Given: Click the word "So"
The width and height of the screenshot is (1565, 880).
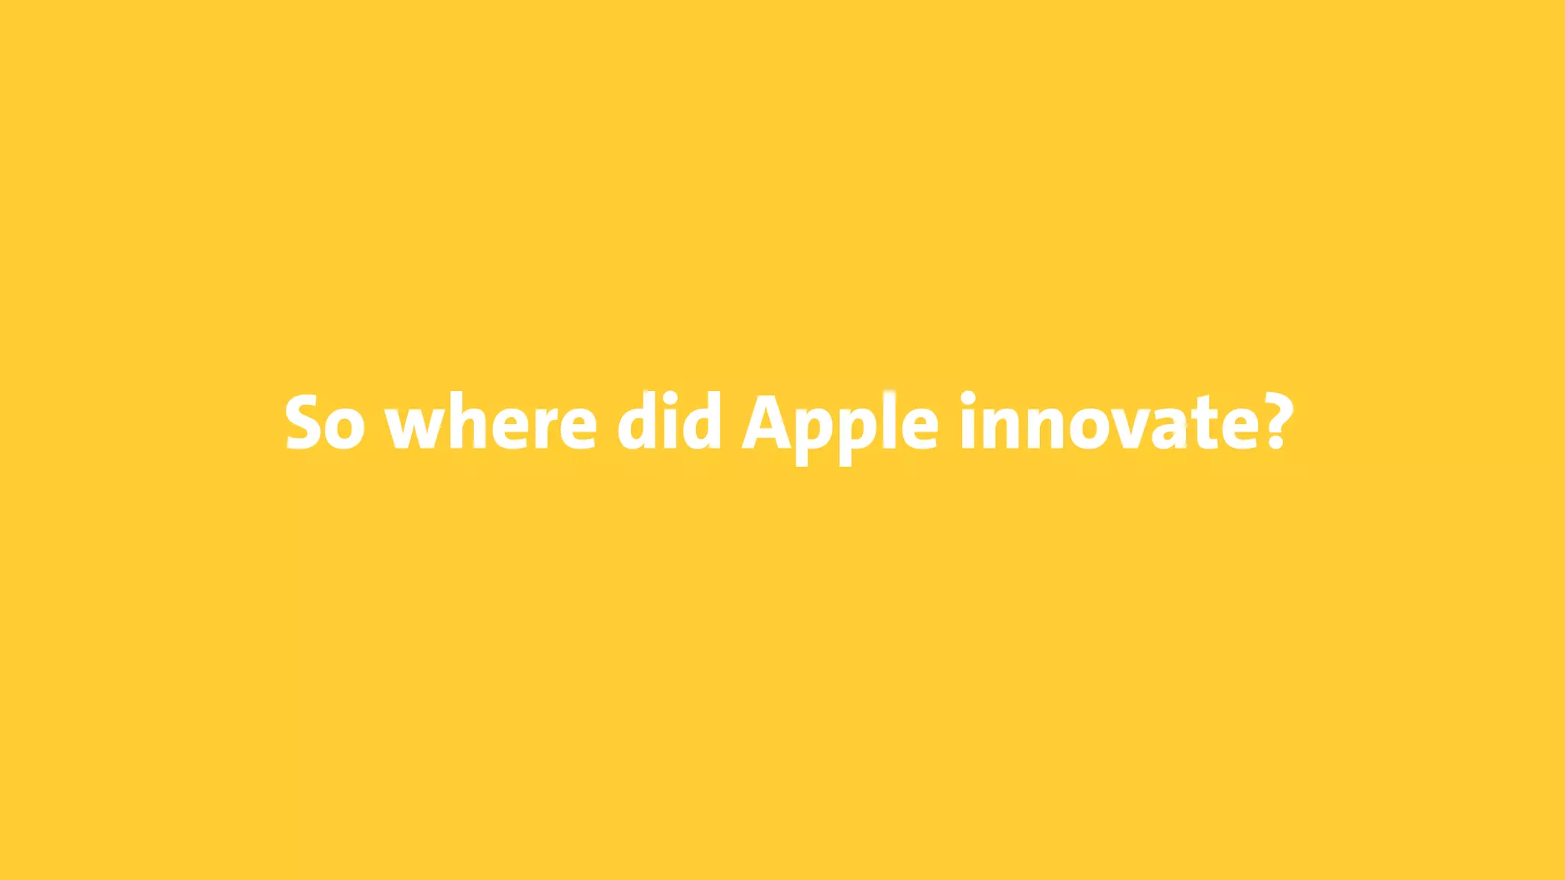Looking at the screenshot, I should (325, 422).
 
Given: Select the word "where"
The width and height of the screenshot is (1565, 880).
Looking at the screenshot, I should (491, 422).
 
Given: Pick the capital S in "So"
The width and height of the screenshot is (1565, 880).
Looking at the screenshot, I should (305, 422).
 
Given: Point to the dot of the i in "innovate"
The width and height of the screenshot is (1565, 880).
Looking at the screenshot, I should (968, 396).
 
